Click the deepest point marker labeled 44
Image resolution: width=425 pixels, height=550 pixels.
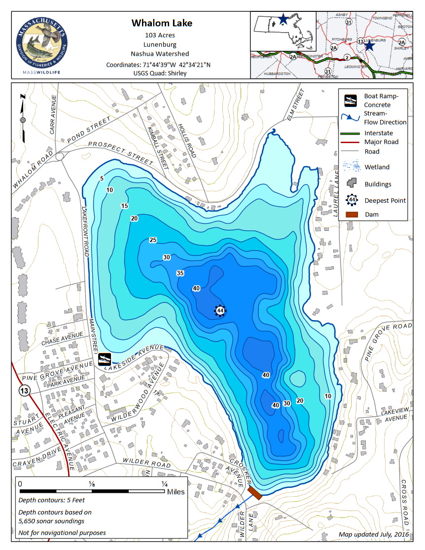point(220,310)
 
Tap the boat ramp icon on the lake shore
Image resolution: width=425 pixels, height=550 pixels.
point(104,359)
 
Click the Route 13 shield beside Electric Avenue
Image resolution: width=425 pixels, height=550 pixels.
point(23,391)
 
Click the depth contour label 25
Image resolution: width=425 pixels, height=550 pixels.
point(153,240)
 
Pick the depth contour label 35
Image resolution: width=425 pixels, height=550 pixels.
point(180,273)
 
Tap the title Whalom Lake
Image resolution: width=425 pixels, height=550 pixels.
point(162,23)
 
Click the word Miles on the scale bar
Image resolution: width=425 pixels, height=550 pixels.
point(176,492)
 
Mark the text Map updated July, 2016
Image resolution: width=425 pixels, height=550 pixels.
point(374,534)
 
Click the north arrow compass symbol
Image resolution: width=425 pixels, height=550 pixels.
point(22,120)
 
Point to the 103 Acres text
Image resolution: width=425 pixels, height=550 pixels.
point(160,35)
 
